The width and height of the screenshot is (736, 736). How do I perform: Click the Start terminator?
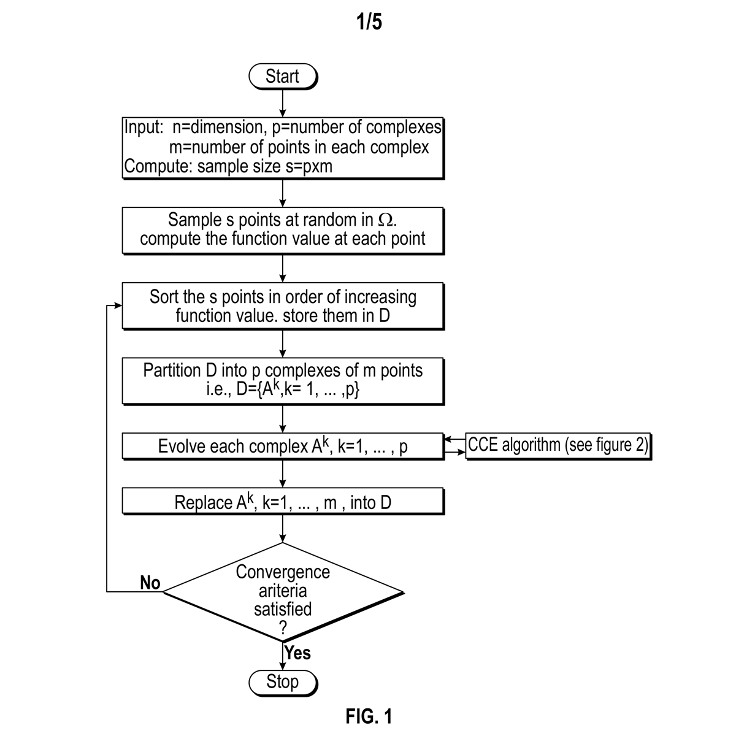pos(282,77)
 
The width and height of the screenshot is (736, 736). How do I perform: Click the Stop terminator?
pos(282,681)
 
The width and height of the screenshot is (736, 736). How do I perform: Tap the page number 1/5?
pos(369,22)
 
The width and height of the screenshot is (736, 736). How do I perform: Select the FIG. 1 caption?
pos(369,716)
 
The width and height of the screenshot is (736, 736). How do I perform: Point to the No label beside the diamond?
pos(150,582)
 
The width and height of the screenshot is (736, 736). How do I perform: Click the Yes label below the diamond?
pos(298,653)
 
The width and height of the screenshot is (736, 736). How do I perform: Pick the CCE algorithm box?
pos(558,445)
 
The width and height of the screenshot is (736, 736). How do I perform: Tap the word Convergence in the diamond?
pos(283,572)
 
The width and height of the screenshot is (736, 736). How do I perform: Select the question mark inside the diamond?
pos(283,627)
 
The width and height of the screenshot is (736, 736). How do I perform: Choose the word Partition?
pos(172,370)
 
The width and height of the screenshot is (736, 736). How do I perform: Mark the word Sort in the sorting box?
pos(163,297)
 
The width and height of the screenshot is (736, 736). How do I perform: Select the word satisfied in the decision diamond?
pos(283,609)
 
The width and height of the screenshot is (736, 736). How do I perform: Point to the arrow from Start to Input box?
pos(282,102)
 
